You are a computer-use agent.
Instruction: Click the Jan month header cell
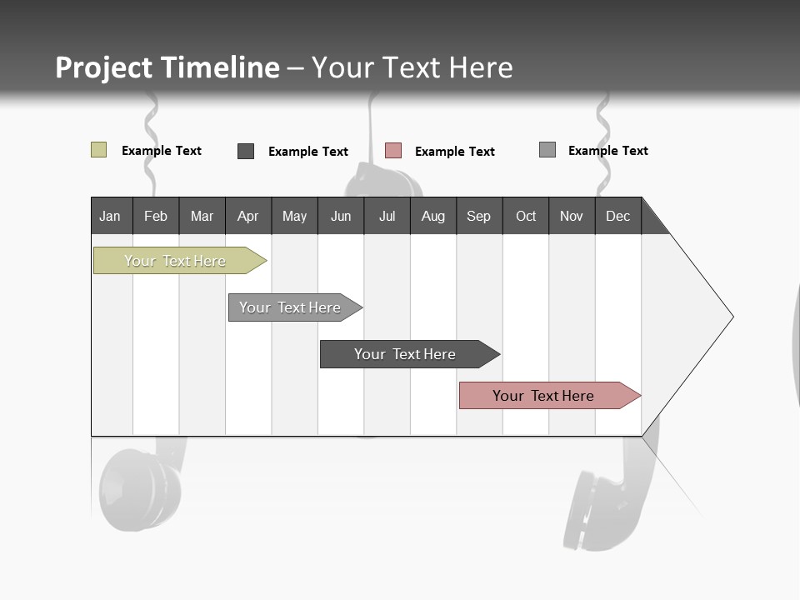tap(111, 216)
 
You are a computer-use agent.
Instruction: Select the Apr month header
tap(248, 216)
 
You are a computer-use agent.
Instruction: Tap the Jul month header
tap(387, 216)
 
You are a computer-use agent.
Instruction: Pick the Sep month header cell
tap(479, 216)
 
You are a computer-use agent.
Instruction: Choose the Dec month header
tap(617, 216)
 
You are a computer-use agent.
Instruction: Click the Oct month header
tap(526, 216)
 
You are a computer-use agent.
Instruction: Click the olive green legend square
tap(98, 150)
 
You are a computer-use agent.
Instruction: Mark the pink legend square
tap(393, 151)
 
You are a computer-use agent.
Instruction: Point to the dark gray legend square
tap(246, 151)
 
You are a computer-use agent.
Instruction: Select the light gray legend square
tap(547, 150)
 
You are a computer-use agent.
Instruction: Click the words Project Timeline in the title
tap(167, 67)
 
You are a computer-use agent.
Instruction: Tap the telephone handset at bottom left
tap(140, 487)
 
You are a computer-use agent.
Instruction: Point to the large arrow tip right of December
tap(700, 317)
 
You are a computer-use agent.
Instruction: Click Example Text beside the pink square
tap(455, 152)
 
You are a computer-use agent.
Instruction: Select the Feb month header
tap(156, 216)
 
